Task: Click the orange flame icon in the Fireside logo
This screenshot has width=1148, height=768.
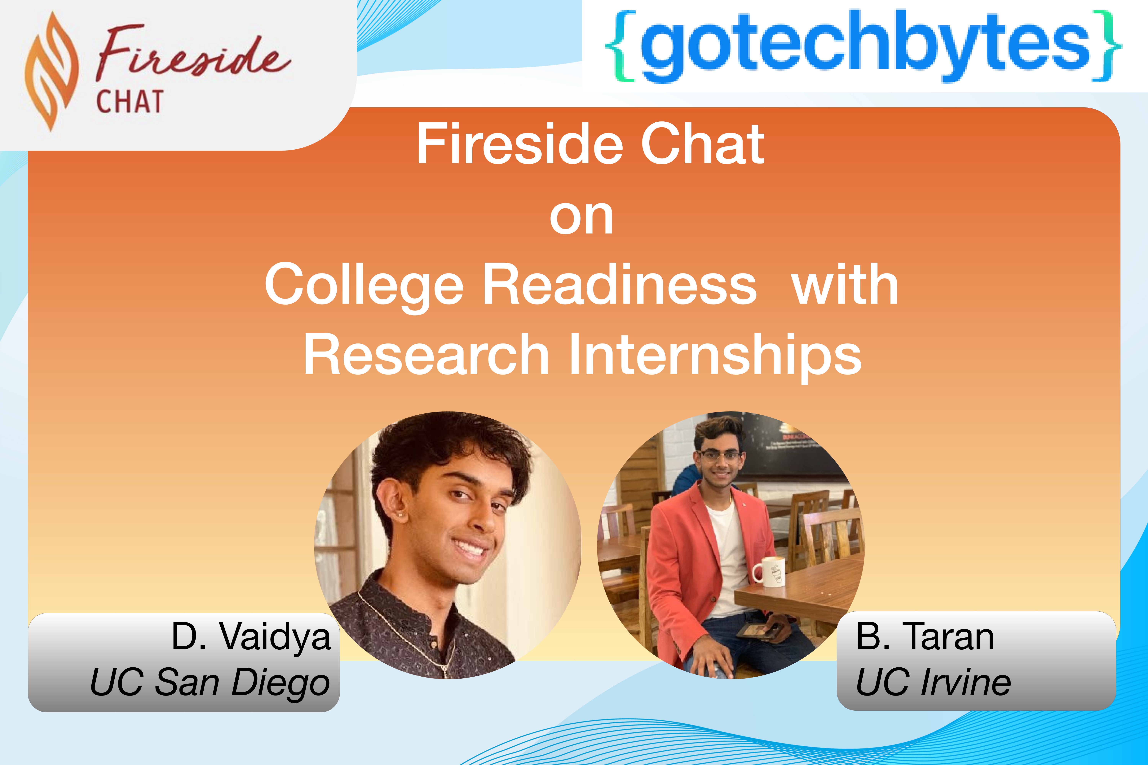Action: pos(51,71)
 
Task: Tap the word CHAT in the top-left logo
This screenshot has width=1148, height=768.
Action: pos(130,101)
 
